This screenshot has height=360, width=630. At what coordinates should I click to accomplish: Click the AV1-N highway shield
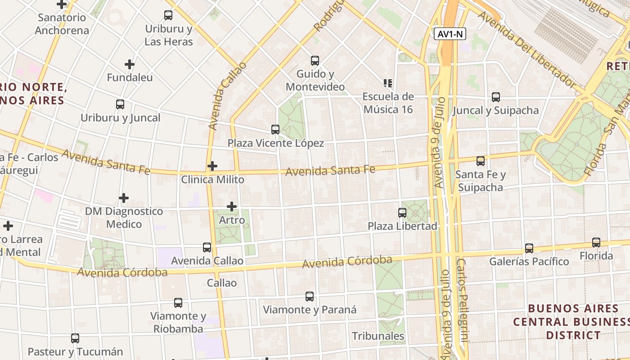click(450, 34)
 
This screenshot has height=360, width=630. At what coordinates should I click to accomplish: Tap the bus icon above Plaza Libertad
click(402, 213)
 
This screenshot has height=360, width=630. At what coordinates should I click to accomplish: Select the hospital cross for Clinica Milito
click(212, 166)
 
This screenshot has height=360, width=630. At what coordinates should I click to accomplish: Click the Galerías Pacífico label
click(529, 261)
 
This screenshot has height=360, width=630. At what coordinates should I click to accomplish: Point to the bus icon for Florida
click(596, 243)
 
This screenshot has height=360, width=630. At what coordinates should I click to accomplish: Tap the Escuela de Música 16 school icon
click(388, 83)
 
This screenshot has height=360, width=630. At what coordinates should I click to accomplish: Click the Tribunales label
click(378, 336)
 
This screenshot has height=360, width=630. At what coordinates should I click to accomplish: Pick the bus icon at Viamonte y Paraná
click(310, 297)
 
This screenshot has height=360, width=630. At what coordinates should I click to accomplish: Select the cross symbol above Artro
click(232, 207)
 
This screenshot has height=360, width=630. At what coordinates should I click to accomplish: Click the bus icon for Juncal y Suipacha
click(496, 97)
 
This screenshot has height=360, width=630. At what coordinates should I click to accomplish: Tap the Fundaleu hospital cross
click(130, 64)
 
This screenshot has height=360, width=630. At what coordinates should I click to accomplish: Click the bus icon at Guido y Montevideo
click(315, 60)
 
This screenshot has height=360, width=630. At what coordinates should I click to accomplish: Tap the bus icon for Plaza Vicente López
click(275, 130)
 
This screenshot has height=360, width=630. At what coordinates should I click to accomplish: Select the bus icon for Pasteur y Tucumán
click(75, 338)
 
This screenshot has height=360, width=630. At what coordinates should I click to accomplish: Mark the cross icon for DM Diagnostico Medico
click(124, 198)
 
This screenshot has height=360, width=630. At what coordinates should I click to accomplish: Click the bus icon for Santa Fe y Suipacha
click(481, 161)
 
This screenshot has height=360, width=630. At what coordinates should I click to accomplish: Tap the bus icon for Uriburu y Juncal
click(120, 104)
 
